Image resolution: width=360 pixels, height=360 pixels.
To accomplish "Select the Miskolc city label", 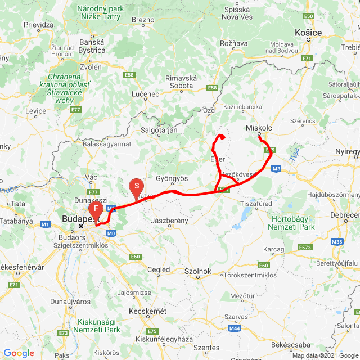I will [x=259, y=128].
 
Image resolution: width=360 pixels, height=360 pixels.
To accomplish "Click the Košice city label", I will [x=308, y=33].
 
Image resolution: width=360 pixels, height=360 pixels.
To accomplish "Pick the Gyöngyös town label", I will [x=172, y=178].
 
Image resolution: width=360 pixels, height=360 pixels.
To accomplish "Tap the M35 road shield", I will [x=337, y=242].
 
